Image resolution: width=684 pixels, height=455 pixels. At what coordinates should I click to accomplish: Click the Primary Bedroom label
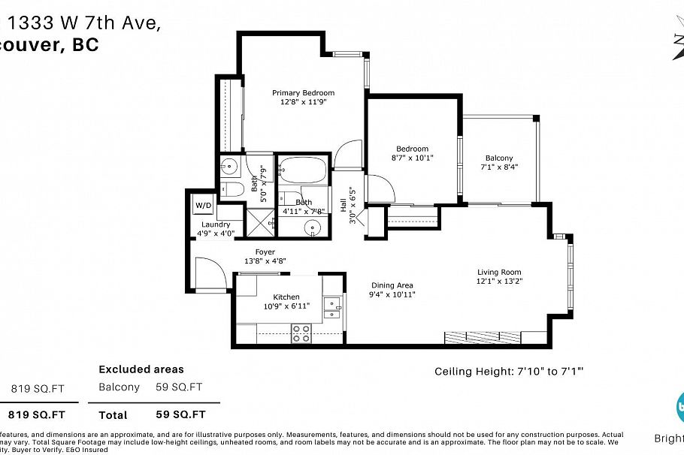(x=303, y=93)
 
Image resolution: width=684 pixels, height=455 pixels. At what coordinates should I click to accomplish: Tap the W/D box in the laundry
(x=203, y=205)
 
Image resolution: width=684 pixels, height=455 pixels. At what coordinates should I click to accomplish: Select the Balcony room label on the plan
(x=499, y=158)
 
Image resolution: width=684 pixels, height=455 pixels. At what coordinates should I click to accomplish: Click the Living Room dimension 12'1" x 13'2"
(x=499, y=282)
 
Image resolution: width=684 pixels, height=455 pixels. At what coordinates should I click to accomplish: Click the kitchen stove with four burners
(x=301, y=333)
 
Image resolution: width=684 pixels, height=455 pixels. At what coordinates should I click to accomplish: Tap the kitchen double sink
(x=333, y=307)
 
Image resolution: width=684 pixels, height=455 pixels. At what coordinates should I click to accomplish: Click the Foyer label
(x=265, y=252)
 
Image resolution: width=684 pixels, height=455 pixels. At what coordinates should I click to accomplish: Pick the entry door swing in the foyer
(x=209, y=271)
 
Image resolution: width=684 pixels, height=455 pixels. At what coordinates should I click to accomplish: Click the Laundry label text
(x=216, y=224)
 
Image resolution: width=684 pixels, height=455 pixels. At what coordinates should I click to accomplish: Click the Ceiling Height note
(x=510, y=371)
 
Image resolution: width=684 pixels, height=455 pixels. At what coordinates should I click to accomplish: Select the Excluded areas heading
(x=141, y=369)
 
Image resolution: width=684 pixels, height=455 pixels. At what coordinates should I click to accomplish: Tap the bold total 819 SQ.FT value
(x=37, y=414)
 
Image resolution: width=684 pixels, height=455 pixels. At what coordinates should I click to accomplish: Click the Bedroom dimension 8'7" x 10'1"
(x=413, y=158)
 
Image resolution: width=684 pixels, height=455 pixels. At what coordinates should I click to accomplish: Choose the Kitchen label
(x=286, y=297)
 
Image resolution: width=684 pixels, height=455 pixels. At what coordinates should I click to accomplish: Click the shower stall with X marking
(x=260, y=220)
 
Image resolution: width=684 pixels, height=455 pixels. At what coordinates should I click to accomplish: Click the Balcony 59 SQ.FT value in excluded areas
(x=179, y=387)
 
